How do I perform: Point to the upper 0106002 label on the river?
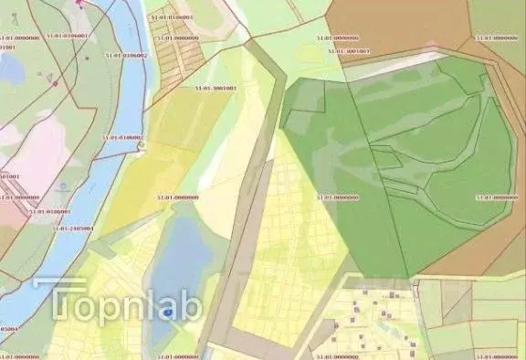126,56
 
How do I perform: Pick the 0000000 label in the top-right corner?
495,38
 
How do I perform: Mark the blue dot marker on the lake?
169,312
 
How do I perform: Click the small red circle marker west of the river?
56,83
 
